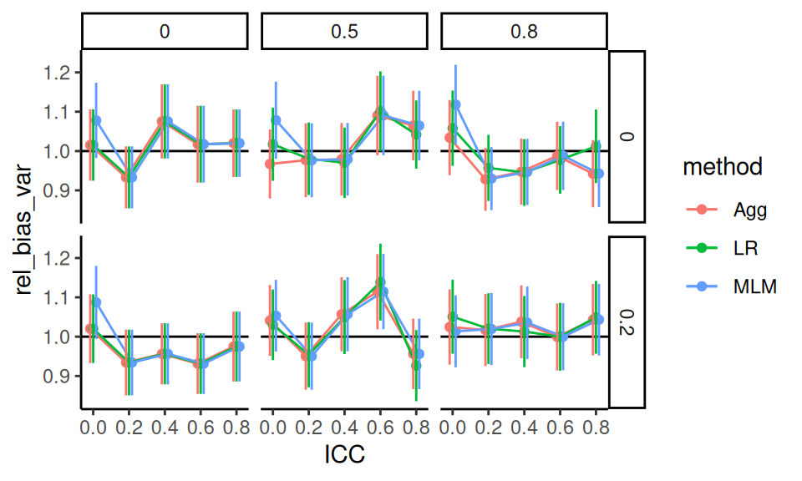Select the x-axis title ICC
(344, 455)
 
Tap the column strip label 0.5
(344, 32)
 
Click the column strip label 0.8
(524, 32)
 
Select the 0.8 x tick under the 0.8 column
(596, 426)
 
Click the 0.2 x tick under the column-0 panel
(129, 426)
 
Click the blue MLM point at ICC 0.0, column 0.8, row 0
(455, 104)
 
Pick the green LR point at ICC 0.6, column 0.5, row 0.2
(381, 282)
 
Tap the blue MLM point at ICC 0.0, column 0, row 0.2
(96, 301)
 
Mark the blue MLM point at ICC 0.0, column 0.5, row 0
(277, 120)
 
